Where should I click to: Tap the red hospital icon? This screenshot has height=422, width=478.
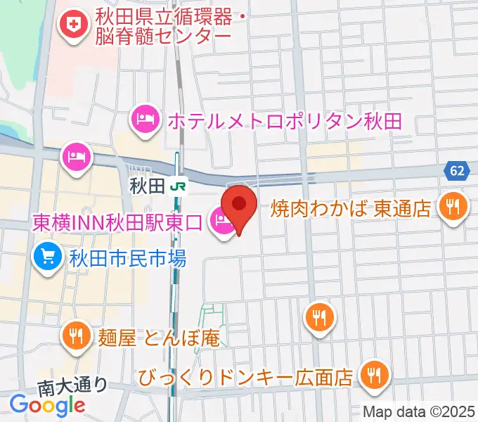(72, 25)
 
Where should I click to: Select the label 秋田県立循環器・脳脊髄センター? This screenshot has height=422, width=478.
(162, 25)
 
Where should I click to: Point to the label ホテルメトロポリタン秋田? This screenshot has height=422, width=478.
(284, 120)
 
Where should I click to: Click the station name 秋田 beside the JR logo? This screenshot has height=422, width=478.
(147, 186)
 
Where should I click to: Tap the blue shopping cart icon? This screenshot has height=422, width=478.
(48, 257)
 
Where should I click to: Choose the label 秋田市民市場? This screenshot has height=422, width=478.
(127, 259)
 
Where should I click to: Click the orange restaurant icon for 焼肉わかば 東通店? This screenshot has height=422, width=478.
(451, 205)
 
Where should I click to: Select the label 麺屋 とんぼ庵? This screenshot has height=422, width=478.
(159, 338)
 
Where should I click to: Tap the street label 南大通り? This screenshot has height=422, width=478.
(72, 385)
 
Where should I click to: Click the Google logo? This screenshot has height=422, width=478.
(48, 404)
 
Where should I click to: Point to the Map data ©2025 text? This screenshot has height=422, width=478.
(419, 411)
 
